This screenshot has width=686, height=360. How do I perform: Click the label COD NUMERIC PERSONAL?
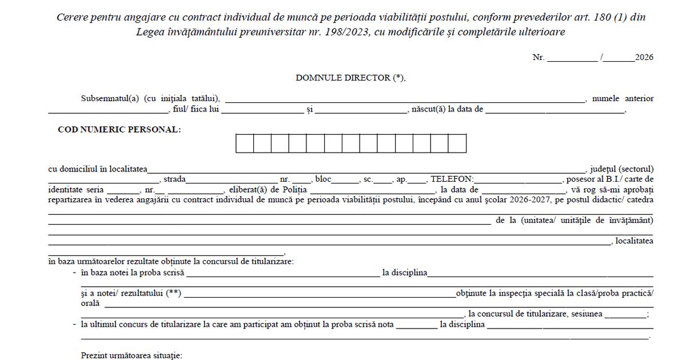click(119, 130)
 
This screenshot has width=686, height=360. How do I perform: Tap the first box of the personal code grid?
click(245, 143)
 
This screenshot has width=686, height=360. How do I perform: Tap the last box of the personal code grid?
click(457, 143)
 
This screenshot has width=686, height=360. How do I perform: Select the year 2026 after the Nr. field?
click(644, 57)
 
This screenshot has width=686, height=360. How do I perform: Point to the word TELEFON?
click(452, 179)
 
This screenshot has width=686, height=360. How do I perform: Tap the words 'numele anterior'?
click(623, 98)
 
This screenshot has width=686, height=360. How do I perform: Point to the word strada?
click(174, 179)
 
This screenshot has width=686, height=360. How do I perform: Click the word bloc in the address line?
click(323, 179)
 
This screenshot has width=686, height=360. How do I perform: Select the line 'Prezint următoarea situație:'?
click(131, 355)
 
